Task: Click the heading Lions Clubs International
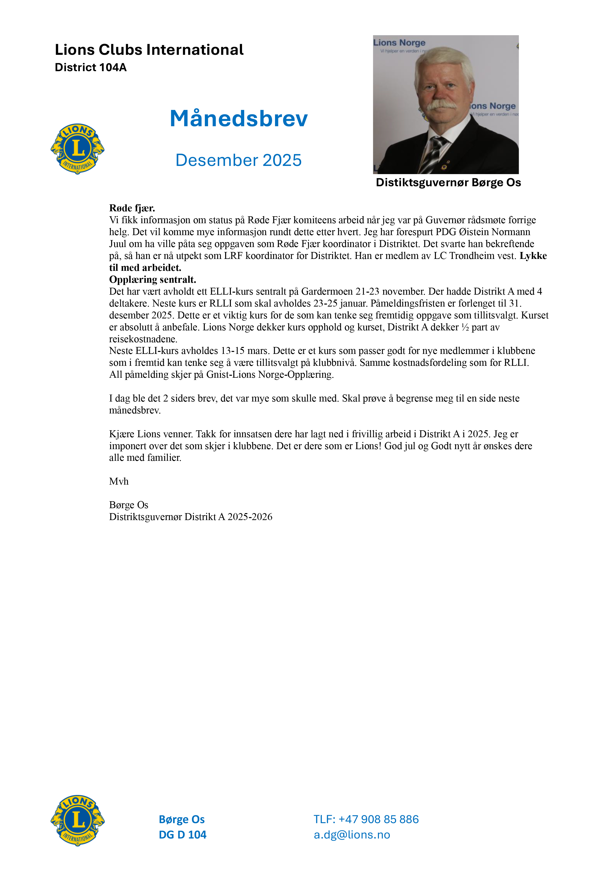pyautogui.click(x=149, y=50)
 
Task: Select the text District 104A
pyautogui.click(x=91, y=67)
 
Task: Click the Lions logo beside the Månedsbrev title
pyautogui.click(x=77, y=149)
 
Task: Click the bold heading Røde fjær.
pyautogui.click(x=132, y=208)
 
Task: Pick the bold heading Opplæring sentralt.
pyautogui.click(x=152, y=280)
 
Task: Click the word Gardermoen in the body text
pyautogui.click(x=327, y=291)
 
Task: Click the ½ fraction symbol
pyautogui.click(x=465, y=327)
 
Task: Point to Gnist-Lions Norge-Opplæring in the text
pyautogui.click(x=270, y=374)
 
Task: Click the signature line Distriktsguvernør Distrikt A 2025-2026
pyautogui.click(x=191, y=517)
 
